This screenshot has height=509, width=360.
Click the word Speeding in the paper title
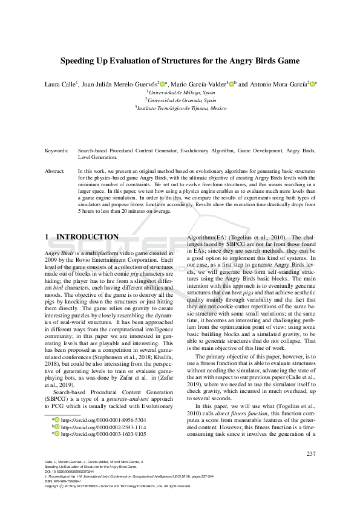(81, 61)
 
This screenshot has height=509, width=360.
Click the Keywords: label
(57, 150)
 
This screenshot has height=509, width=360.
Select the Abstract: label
(56, 171)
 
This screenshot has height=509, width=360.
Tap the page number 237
(311, 453)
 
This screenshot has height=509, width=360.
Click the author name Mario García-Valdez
(197, 84)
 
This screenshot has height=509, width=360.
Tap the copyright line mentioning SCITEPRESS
(121, 487)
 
